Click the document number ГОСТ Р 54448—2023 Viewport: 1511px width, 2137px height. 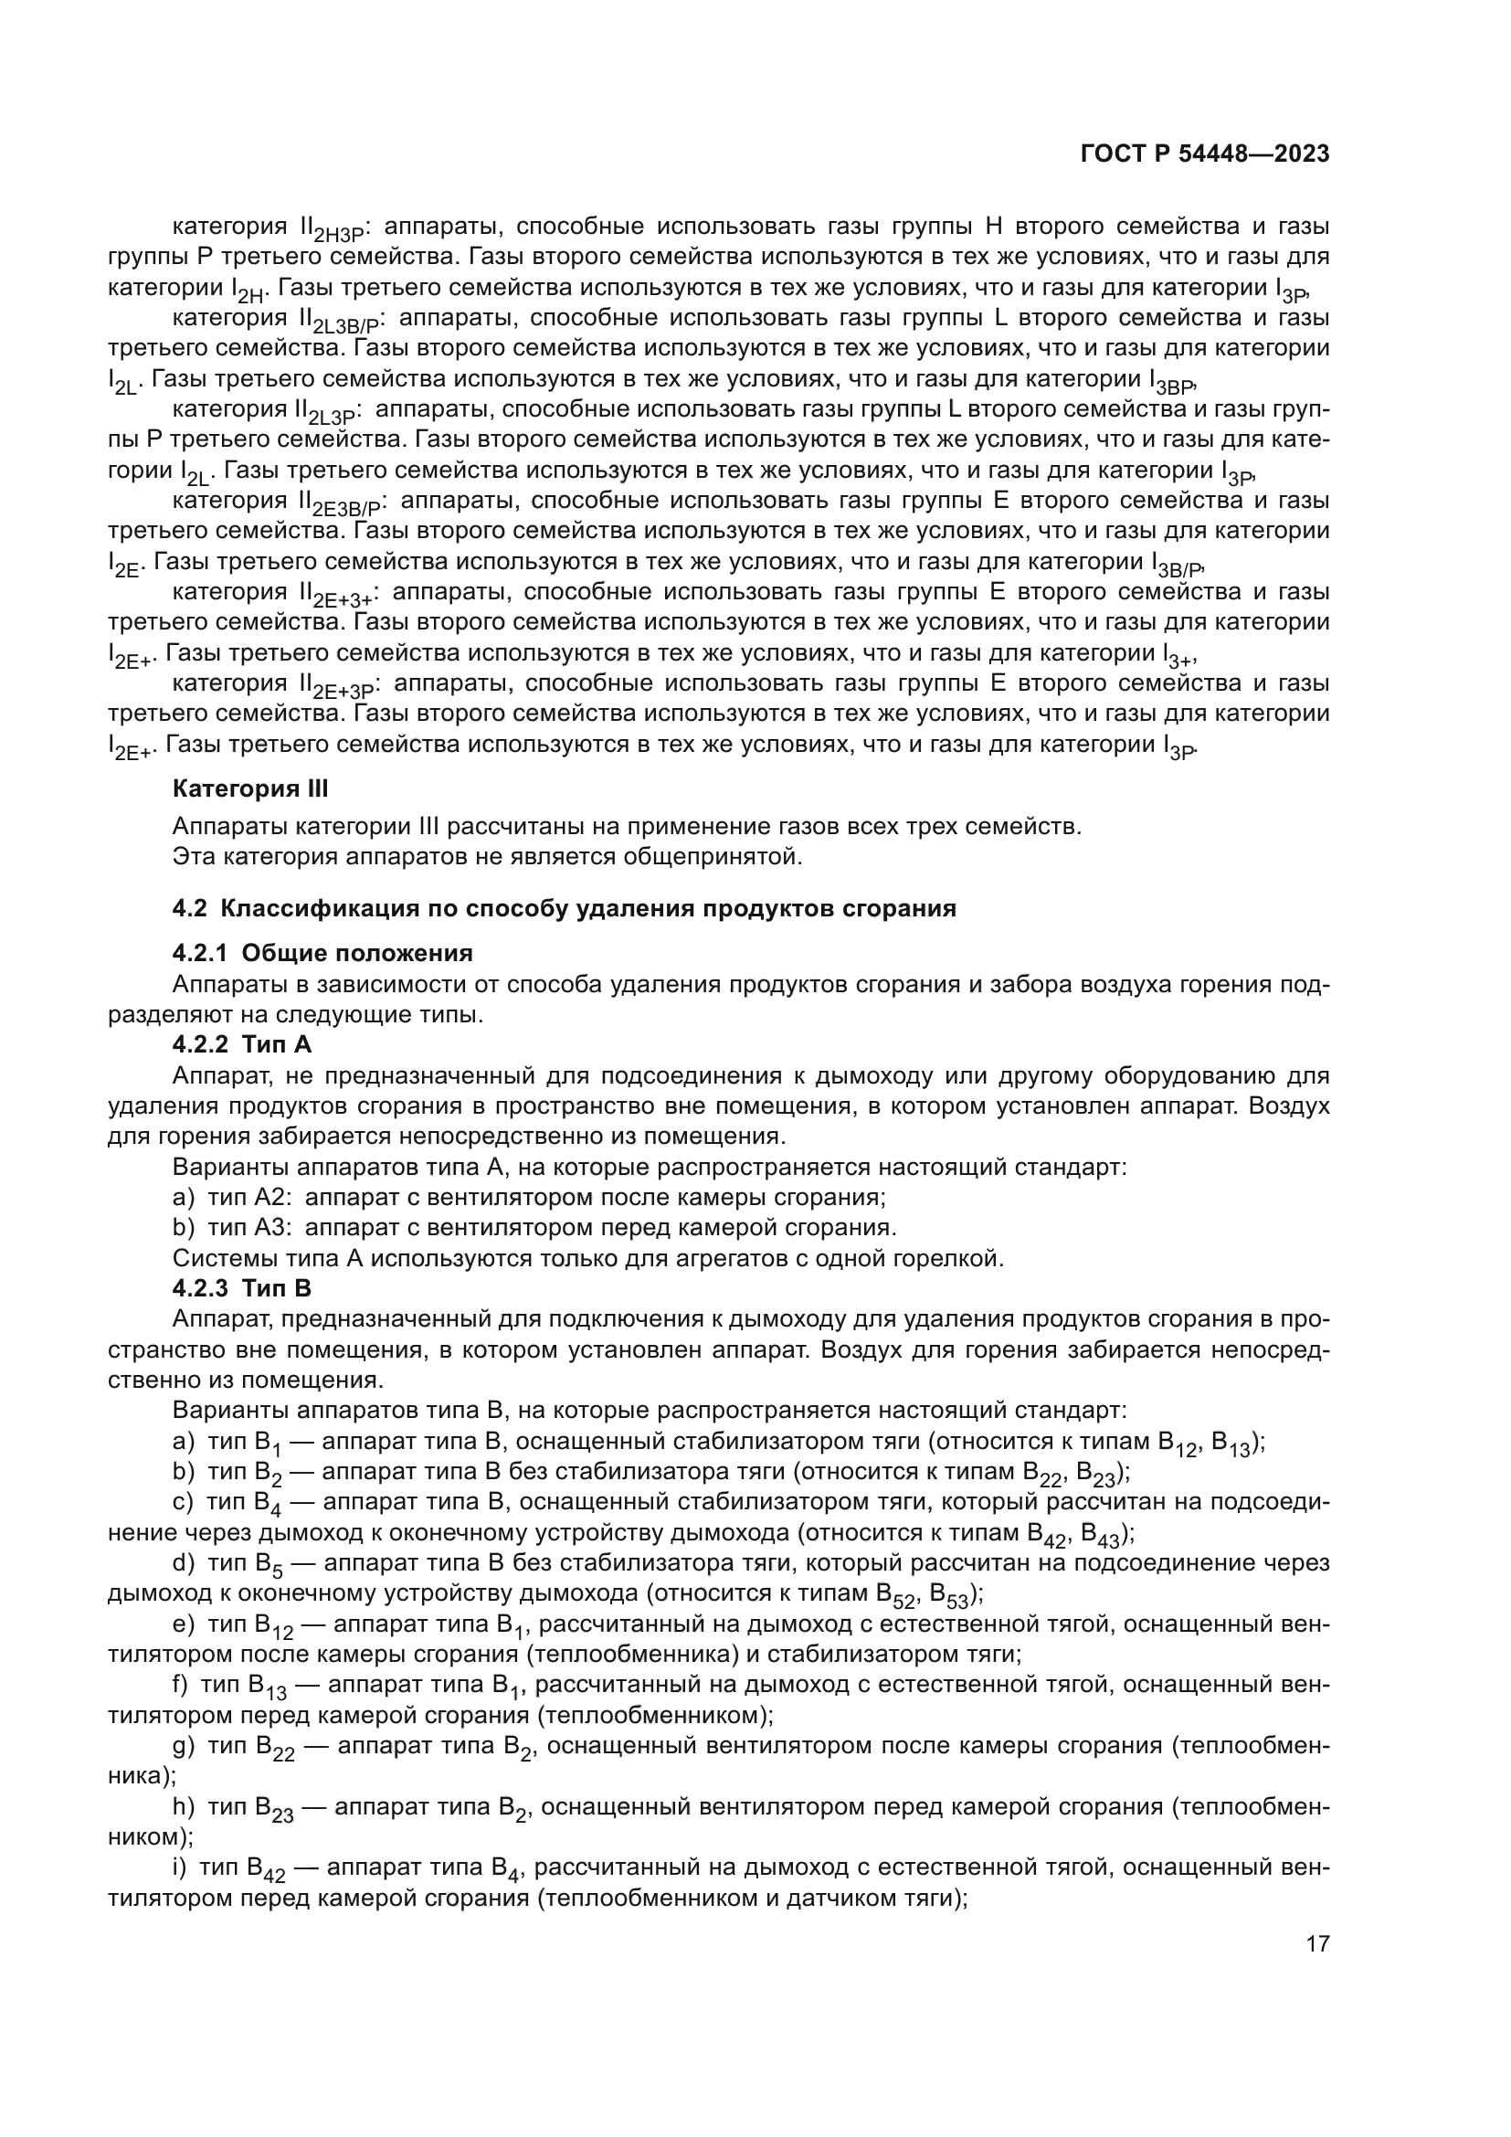(x=1205, y=153)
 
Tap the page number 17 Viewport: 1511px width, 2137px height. (x=1317, y=1943)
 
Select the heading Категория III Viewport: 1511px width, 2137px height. (x=250, y=789)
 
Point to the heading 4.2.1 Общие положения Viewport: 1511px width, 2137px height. (x=322, y=953)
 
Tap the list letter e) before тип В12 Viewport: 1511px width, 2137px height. (x=184, y=1624)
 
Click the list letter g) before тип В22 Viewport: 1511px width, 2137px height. (x=184, y=1745)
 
